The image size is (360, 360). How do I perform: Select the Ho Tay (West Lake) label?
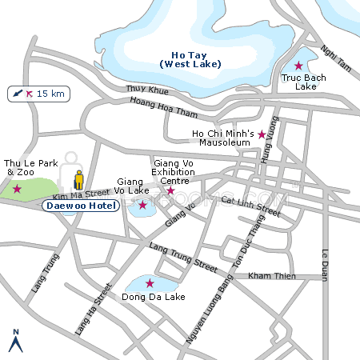pos(190,59)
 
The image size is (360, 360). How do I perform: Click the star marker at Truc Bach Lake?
pos(298,66)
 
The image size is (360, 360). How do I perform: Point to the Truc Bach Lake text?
pos(299,82)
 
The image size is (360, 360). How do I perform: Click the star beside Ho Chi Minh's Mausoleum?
pos(262,134)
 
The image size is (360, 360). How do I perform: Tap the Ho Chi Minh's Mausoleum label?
pos(223,137)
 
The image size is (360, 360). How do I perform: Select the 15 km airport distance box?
pos(38,94)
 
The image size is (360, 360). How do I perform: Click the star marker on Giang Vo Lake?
pos(142,205)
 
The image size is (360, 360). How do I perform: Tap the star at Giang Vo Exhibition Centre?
pos(170,190)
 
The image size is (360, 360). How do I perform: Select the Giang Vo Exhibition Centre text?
pos(174,171)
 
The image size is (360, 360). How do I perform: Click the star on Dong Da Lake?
pos(150,283)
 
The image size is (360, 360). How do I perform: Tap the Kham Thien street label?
pos(271,276)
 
